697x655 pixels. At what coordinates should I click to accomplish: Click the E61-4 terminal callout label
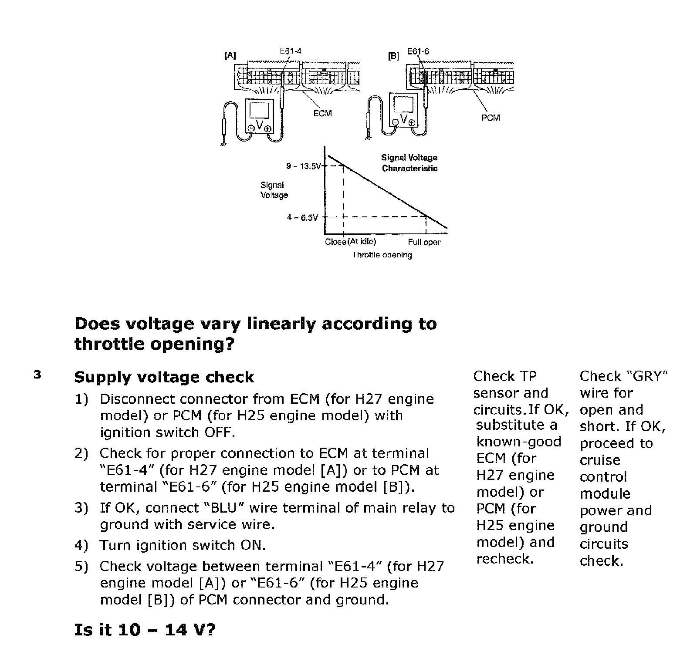tap(290, 51)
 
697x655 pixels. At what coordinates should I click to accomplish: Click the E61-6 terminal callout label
tap(418, 51)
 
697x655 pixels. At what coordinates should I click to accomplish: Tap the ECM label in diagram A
tap(322, 114)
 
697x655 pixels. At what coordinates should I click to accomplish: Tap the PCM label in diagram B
tap(491, 118)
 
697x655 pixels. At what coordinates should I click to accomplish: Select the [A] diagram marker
tap(230, 55)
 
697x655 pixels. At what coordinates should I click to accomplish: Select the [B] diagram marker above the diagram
tap(393, 56)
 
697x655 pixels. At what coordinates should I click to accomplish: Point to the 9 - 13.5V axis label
tap(303, 166)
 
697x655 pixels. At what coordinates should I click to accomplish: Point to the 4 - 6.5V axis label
tap(302, 217)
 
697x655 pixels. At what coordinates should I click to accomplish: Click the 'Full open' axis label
tap(425, 243)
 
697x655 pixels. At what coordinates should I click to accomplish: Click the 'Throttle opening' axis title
tap(382, 255)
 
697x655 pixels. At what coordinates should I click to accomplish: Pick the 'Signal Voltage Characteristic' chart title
tap(409, 163)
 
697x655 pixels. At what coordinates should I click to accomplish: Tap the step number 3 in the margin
tap(37, 375)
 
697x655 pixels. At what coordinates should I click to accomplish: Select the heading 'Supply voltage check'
tap(164, 377)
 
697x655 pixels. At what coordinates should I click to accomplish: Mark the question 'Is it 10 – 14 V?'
tap(145, 630)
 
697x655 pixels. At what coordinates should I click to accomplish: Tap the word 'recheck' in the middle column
tap(505, 559)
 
